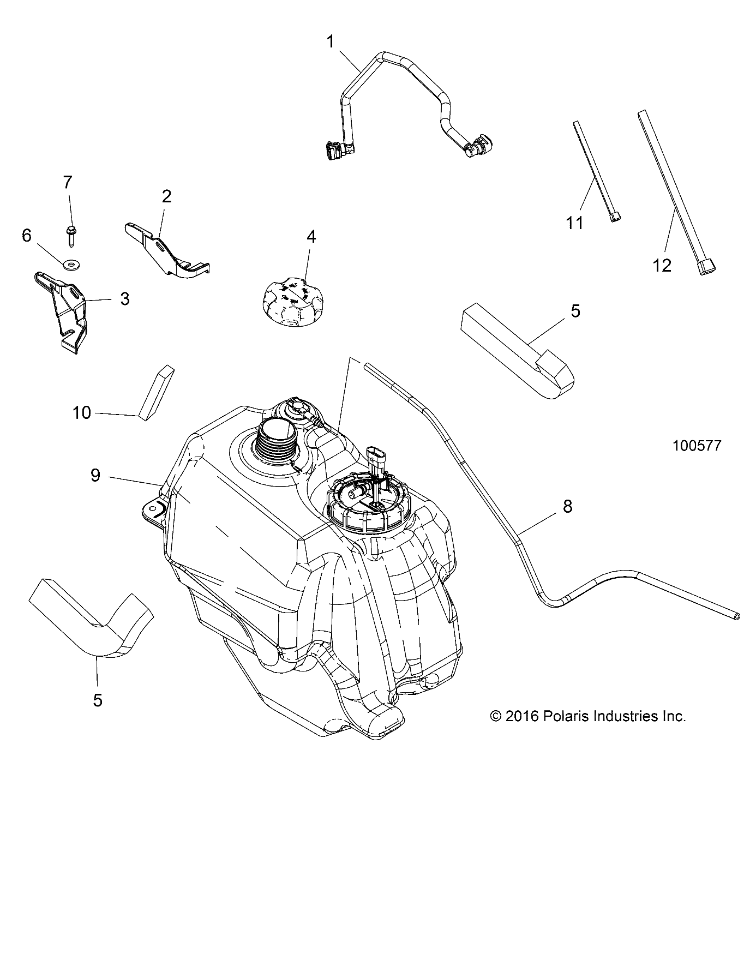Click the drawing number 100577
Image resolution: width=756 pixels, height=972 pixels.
(697, 446)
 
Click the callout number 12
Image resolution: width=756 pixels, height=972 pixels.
(662, 266)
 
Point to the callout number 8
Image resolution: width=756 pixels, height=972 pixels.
(567, 506)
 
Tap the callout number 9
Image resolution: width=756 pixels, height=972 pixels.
(95, 475)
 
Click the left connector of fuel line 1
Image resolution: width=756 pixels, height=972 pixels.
(334, 151)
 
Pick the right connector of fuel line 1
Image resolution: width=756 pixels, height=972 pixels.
(474, 146)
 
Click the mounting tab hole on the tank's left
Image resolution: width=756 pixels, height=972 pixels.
(154, 511)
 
